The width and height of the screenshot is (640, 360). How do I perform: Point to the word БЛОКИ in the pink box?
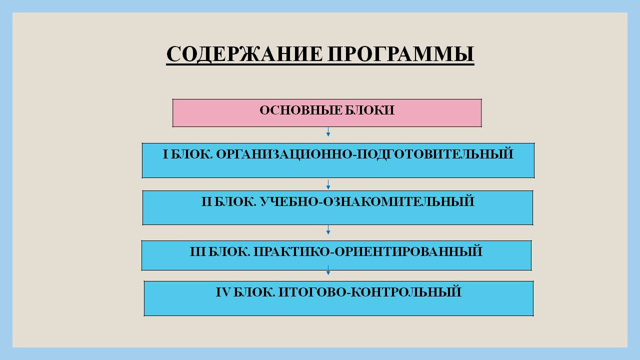tap(369, 110)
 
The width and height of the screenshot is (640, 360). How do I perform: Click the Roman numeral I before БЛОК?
tap(165, 154)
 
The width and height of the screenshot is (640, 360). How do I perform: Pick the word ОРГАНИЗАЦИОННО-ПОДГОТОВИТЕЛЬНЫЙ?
tap(364, 154)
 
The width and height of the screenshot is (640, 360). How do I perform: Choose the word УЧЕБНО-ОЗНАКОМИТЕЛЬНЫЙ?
tap(367, 201)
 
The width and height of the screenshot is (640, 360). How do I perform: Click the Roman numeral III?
tap(197, 251)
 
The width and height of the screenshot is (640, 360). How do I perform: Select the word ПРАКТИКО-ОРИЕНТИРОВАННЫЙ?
tap(368, 251)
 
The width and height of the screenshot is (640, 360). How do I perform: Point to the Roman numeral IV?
tap(223, 292)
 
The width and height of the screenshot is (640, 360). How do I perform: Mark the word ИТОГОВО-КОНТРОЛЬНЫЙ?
tap(370, 291)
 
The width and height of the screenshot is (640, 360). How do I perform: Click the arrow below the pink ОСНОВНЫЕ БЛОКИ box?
tap(328, 131)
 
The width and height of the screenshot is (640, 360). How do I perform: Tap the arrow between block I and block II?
tap(328, 184)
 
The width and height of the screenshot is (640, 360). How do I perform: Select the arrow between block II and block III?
tap(328, 230)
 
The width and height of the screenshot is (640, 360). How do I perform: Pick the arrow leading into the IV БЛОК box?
tap(328, 270)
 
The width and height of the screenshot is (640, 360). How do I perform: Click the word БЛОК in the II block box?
tap(235, 201)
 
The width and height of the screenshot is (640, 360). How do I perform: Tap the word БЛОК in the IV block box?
tap(254, 292)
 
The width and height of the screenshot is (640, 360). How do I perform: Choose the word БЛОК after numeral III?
tap(229, 251)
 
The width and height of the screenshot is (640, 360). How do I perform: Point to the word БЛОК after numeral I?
tap(192, 154)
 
